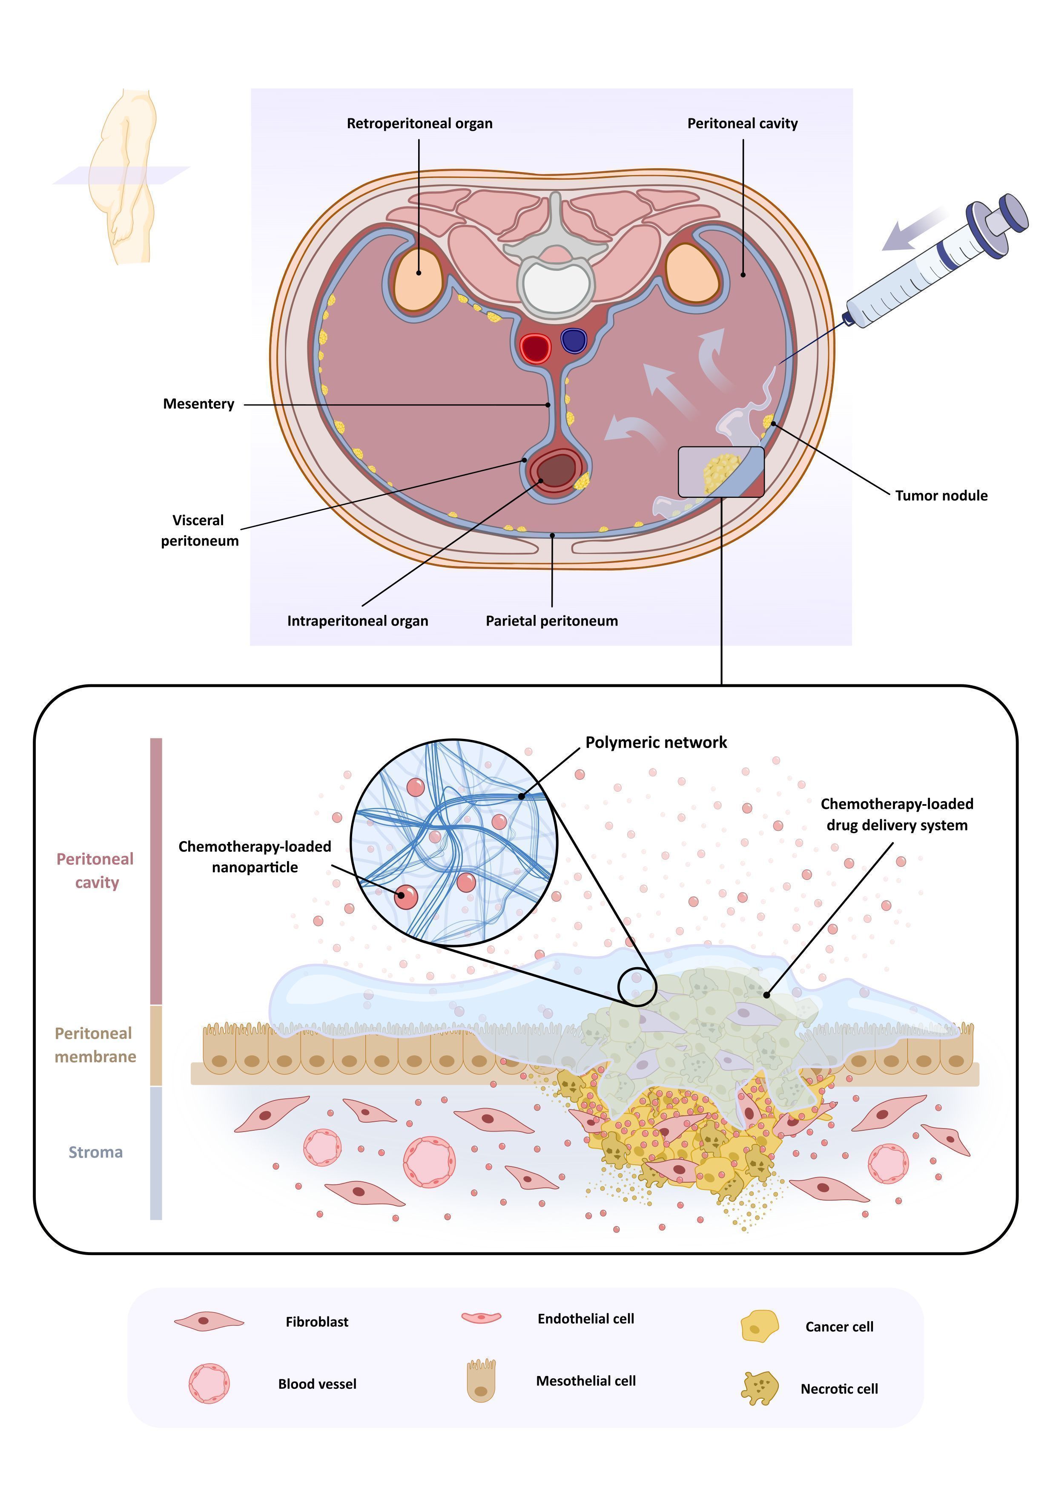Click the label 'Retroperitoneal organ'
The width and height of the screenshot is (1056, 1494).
click(x=420, y=124)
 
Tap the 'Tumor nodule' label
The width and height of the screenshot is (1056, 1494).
click(x=941, y=496)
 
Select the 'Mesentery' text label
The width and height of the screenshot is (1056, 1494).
click(x=198, y=404)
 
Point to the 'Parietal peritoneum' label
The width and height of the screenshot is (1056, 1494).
click(x=552, y=621)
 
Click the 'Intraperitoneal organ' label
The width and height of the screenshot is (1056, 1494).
click(x=358, y=621)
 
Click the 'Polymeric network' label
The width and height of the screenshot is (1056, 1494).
click(x=656, y=742)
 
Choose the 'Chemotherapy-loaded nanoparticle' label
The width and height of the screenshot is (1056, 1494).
click(x=255, y=857)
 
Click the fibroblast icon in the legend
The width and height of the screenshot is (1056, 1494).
click(x=209, y=1322)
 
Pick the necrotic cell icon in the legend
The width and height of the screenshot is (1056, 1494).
click(x=759, y=1388)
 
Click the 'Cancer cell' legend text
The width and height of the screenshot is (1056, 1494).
click(x=839, y=1327)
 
